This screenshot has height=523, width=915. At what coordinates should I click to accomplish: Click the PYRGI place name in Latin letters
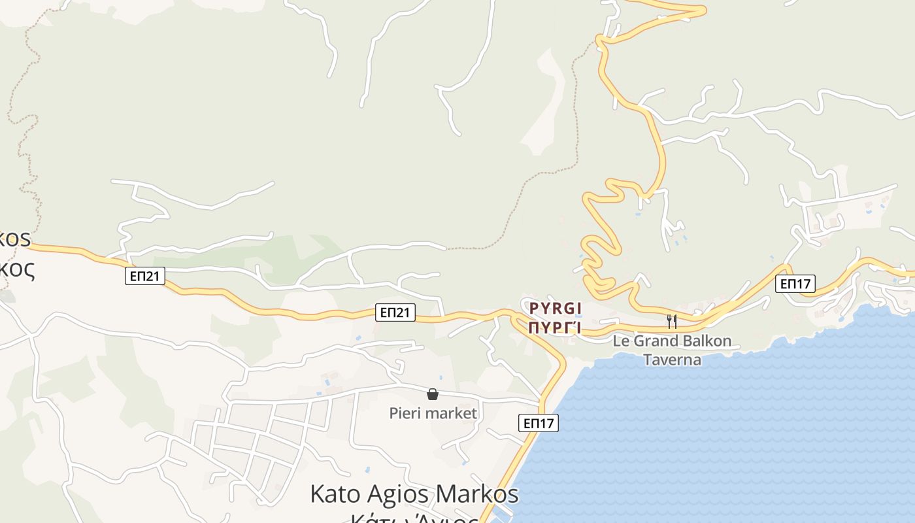[555, 308]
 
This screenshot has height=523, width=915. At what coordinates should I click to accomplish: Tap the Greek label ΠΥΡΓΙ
[555, 328]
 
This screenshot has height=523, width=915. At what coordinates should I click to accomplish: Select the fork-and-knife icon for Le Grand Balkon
[671, 320]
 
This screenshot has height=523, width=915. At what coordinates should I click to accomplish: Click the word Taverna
[672, 360]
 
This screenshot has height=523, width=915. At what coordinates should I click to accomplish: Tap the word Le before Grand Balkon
[620, 341]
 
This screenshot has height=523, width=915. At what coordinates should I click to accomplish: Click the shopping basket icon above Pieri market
[432, 394]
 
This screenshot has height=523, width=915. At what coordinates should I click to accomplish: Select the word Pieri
[406, 413]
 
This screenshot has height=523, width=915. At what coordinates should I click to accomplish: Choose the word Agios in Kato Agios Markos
[397, 494]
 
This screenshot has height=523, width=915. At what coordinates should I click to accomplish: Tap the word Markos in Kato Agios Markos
[476, 494]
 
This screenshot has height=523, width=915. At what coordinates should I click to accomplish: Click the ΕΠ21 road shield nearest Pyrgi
[396, 312]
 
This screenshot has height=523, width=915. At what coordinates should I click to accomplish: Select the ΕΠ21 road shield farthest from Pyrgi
[144, 277]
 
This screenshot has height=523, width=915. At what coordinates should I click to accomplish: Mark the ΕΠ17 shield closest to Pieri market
[539, 423]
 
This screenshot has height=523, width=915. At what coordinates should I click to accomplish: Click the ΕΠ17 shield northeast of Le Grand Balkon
[795, 284]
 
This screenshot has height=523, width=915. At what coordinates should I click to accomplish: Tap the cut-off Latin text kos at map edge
[16, 238]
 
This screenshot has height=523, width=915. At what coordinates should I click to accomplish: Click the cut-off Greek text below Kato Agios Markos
[414, 518]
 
